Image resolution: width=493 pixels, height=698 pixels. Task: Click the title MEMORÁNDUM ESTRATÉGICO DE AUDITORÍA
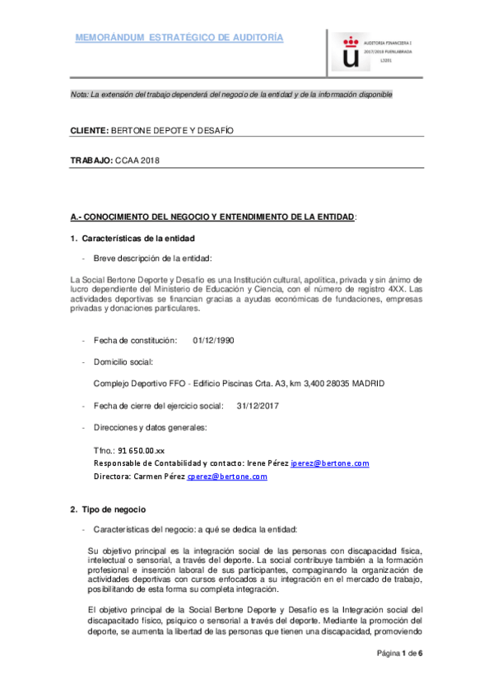pos(179,38)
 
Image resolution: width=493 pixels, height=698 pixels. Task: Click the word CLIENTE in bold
pos(88,131)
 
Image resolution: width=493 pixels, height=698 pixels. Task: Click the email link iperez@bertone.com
pos(330,464)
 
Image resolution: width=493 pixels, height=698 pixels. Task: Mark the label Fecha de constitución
pos(135,340)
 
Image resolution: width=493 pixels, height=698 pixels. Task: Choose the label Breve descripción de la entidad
pos(152,258)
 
